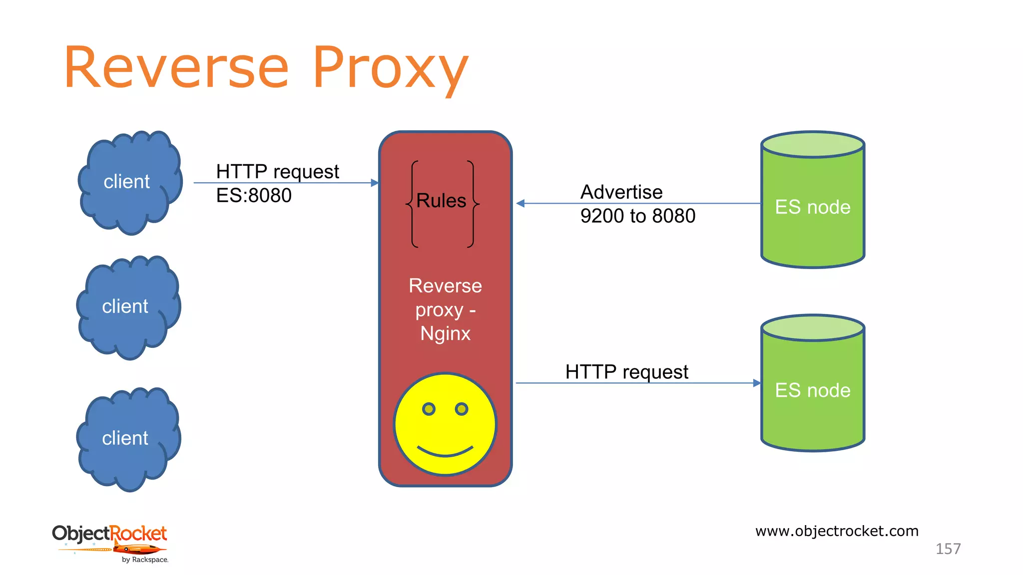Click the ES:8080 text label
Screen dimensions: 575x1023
(x=254, y=195)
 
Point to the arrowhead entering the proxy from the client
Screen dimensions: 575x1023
(x=375, y=183)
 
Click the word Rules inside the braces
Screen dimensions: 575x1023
(x=441, y=201)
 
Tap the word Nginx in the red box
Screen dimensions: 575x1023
(x=445, y=333)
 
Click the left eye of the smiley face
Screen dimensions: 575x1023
(x=429, y=409)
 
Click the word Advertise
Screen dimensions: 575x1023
(x=621, y=192)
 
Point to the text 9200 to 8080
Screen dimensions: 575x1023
(x=637, y=216)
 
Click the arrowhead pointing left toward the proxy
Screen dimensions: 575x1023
(x=520, y=203)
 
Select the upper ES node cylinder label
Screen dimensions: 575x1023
(x=812, y=207)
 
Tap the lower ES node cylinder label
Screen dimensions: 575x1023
(x=812, y=390)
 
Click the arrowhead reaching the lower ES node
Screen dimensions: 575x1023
(x=757, y=383)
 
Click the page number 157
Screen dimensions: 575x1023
(x=948, y=549)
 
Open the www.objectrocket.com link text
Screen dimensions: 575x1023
(x=837, y=531)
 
